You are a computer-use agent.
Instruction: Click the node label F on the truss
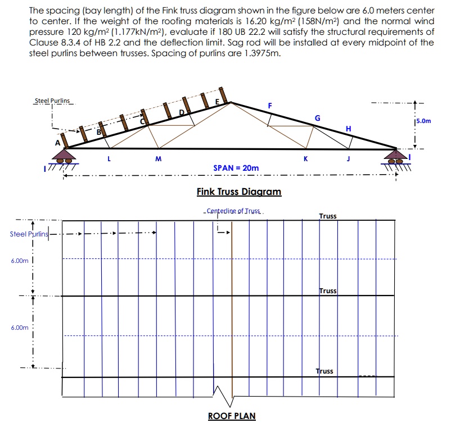270,105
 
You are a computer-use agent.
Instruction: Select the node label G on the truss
318,118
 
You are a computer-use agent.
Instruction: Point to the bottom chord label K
306,159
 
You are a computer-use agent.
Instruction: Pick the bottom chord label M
158,159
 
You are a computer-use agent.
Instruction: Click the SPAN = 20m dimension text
236,168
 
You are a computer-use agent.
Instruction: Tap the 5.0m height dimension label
422,120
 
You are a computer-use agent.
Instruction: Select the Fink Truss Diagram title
239,192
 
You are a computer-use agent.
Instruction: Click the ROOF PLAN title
232,416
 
